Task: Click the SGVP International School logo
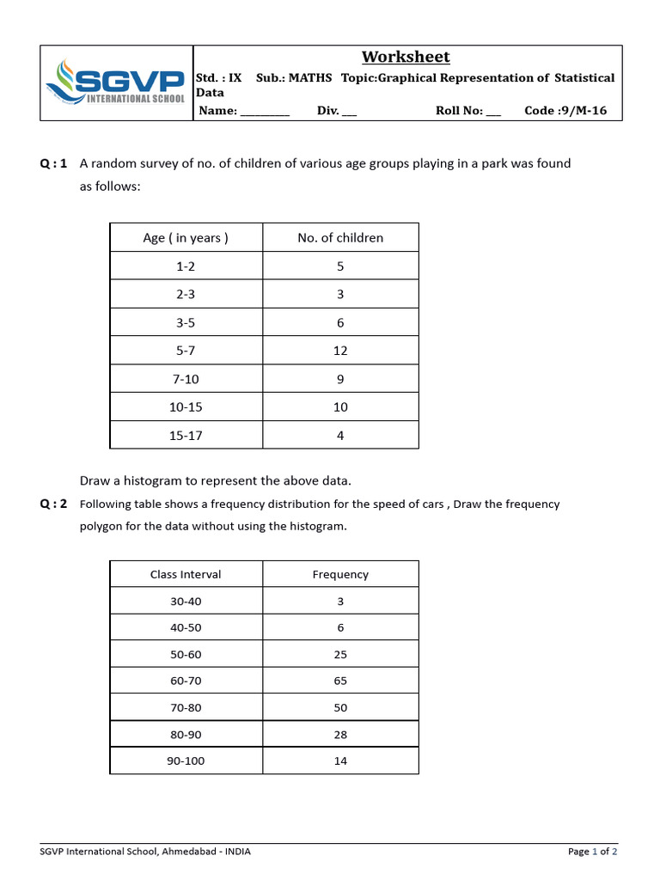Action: click(115, 82)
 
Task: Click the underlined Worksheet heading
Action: click(406, 57)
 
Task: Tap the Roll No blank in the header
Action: click(492, 112)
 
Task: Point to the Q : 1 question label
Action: click(53, 163)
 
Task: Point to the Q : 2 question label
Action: click(53, 504)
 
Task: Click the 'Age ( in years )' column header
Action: click(186, 238)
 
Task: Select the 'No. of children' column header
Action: click(340, 238)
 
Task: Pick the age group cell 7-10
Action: click(186, 379)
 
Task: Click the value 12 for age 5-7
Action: click(340, 351)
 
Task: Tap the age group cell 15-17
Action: click(186, 436)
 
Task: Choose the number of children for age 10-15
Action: click(340, 407)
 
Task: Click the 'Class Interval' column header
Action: click(186, 575)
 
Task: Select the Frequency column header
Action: click(340, 575)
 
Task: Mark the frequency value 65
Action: click(340, 681)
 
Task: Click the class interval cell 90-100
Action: click(186, 761)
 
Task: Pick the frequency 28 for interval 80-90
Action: click(340, 735)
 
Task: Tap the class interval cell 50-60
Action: click(186, 655)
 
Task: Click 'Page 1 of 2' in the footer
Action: click(592, 852)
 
